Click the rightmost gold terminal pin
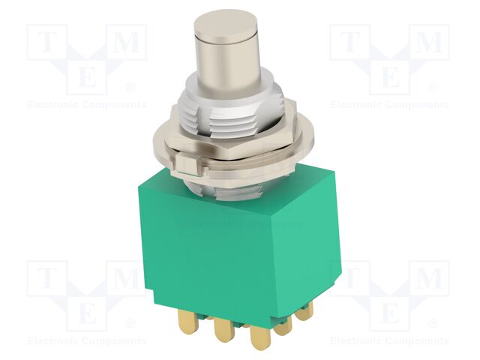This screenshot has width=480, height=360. click(x=304, y=310)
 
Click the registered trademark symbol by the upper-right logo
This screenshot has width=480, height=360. click(x=433, y=88)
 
